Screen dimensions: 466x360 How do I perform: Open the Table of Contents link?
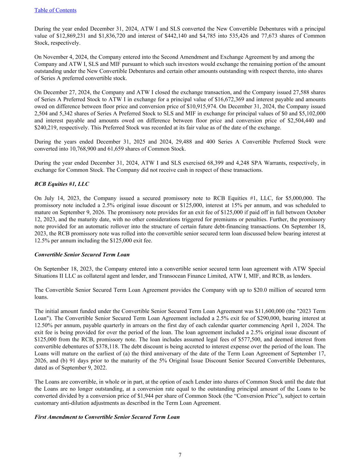pyautogui.click(x=55, y=10)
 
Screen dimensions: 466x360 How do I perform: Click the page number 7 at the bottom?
pyautogui.click(x=180, y=455)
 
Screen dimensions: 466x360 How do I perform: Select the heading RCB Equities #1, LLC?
pyautogui.click(x=62, y=184)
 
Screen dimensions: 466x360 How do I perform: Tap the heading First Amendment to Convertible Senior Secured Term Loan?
pyautogui.click(x=107, y=417)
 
